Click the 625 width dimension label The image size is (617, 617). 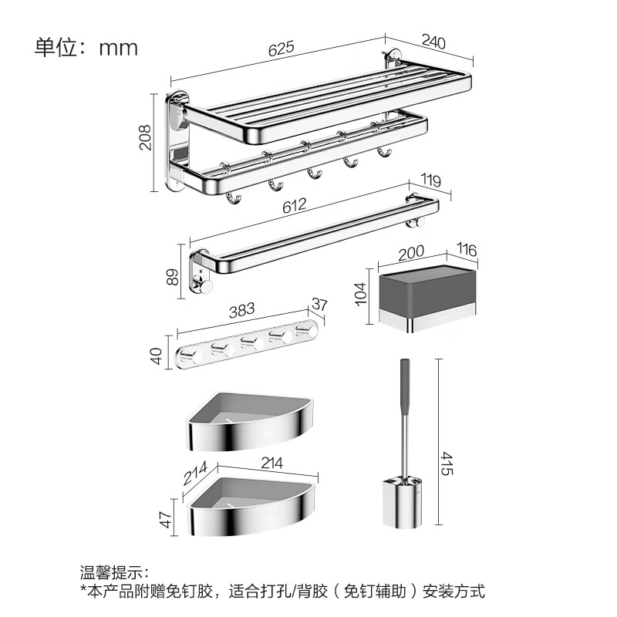coord(282,48)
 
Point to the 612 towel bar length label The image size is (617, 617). coord(294,205)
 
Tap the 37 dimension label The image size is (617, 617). coord(319,304)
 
